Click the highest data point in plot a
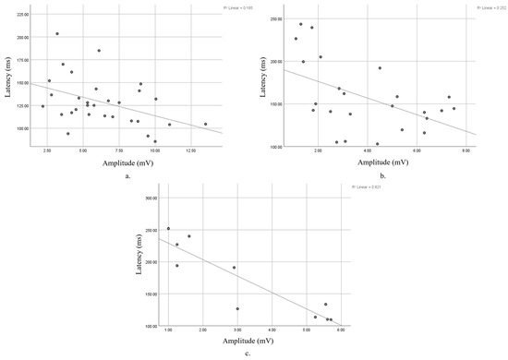[57, 34]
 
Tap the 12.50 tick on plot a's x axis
[190, 150]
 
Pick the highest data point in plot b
[300, 24]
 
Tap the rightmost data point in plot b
[454, 108]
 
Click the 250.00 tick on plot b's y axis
[272, 19]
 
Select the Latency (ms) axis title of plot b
[259, 78]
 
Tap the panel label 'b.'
[381, 177]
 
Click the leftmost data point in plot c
[168, 228]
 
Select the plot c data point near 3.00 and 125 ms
[237, 308]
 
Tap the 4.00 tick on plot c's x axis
[272, 330]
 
